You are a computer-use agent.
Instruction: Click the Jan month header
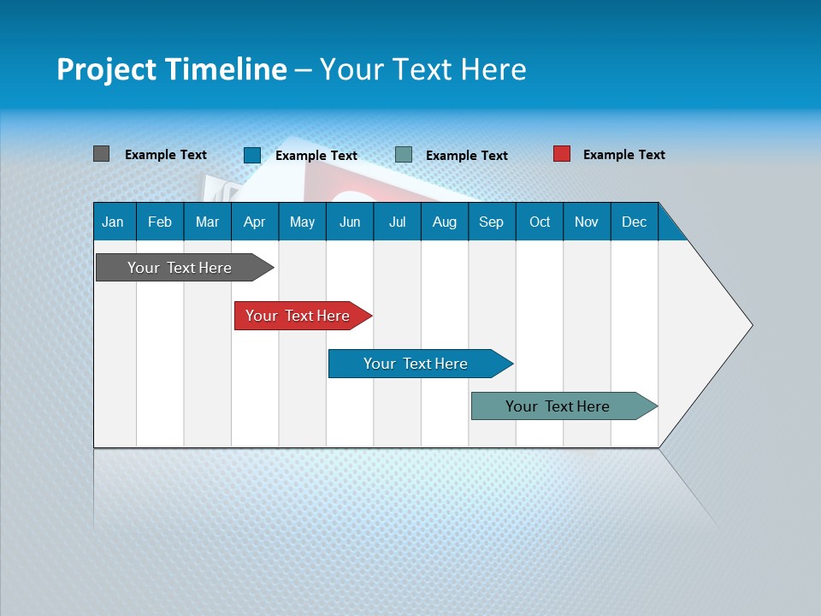tap(113, 222)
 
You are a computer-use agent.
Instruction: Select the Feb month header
tap(160, 222)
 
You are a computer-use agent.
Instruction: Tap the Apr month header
tap(254, 222)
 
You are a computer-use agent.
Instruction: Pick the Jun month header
tap(350, 222)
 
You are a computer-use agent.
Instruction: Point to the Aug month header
tap(444, 222)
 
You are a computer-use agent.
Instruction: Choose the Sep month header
tap(491, 222)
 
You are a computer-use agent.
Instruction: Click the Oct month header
tap(540, 222)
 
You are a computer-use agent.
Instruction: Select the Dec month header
tap(634, 222)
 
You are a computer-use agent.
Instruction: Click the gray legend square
tap(101, 154)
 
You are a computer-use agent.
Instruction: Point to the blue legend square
tap(251, 155)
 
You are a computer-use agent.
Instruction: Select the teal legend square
tap(404, 155)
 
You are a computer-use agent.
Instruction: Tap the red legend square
tap(561, 154)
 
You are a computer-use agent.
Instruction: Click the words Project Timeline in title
tap(171, 69)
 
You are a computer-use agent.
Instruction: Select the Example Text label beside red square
tap(623, 155)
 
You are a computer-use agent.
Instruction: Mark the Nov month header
tap(587, 222)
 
